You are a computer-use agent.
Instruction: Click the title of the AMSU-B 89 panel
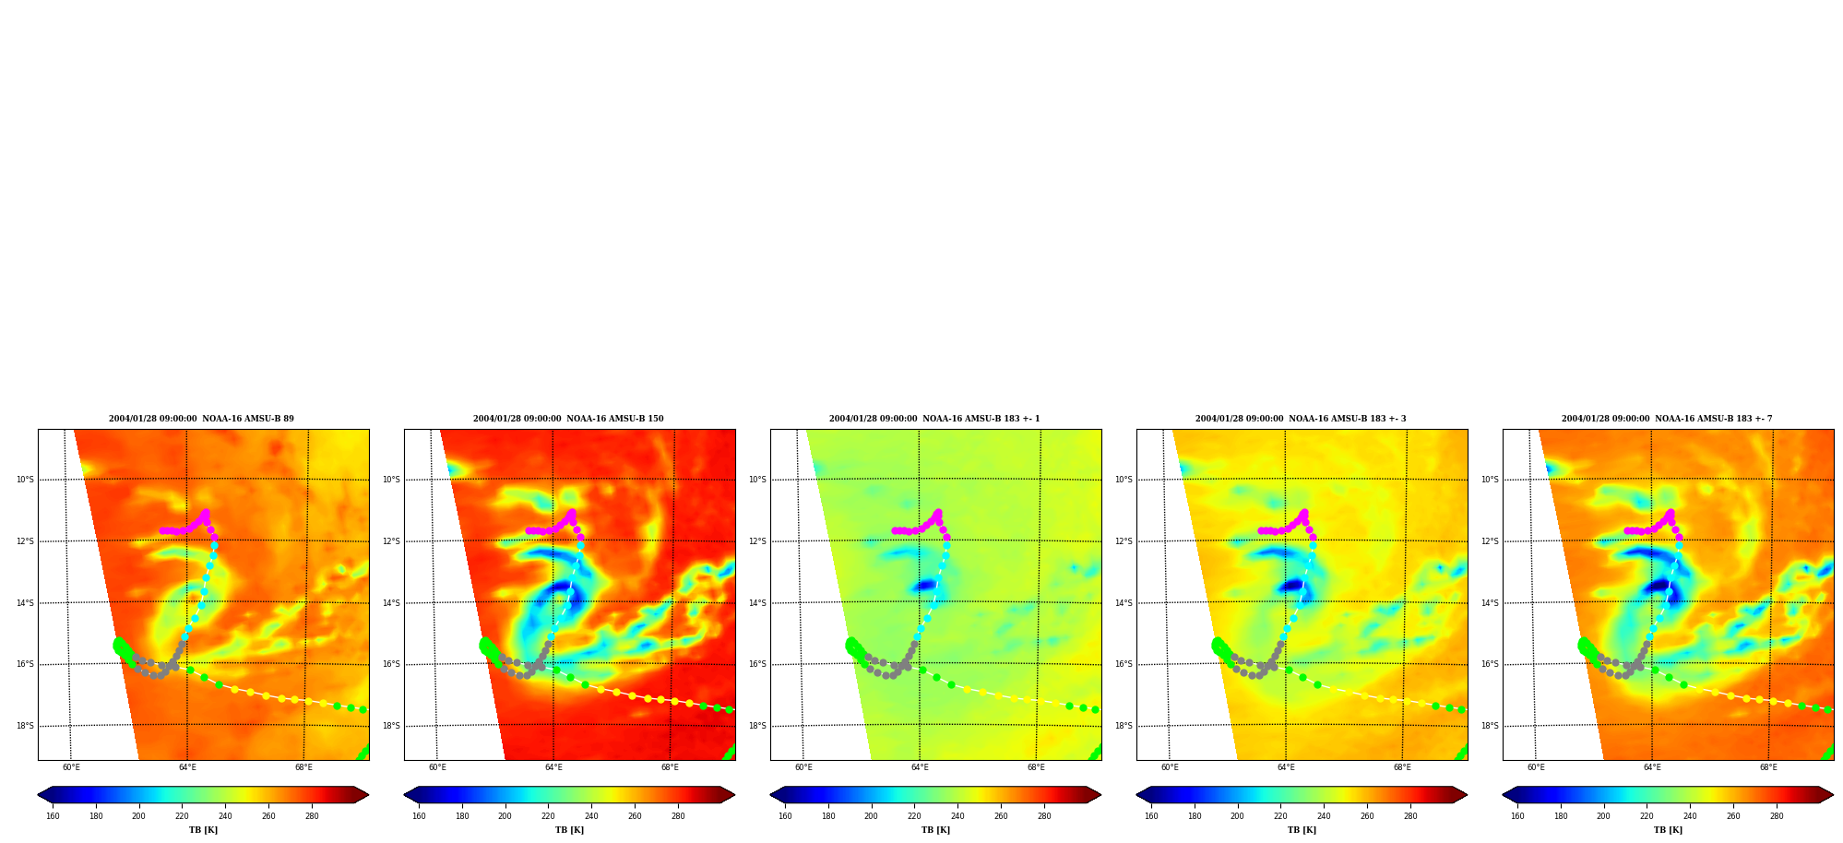(201, 419)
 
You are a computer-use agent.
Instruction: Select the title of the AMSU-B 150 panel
(568, 419)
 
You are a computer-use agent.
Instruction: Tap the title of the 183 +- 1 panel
(934, 419)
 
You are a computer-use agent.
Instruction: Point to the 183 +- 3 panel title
(1301, 419)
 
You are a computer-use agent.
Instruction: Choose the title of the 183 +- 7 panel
(1667, 419)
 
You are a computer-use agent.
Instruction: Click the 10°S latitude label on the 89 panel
(25, 480)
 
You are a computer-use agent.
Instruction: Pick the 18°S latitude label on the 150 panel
(391, 726)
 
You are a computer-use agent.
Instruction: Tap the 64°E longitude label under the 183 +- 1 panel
(920, 767)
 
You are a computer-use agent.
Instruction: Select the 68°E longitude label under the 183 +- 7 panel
(1768, 767)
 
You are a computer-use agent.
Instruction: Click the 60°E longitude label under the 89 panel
(71, 767)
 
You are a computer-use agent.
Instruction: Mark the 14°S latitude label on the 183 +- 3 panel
(1124, 603)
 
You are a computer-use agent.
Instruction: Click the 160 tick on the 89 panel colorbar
(53, 815)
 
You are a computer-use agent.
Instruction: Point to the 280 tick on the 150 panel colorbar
(678, 815)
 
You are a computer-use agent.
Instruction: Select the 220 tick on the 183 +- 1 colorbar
(914, 815)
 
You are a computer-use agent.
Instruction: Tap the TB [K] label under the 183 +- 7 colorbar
(1668, 830)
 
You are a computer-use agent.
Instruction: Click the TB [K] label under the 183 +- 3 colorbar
(1302, 830)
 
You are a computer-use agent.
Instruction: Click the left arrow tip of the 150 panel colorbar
(404, 795)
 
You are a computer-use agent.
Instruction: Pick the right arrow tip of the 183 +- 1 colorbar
(1101, 795)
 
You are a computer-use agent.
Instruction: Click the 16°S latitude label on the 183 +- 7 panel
(1490, 664)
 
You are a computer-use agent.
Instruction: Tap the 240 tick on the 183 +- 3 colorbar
(1324, 815)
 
